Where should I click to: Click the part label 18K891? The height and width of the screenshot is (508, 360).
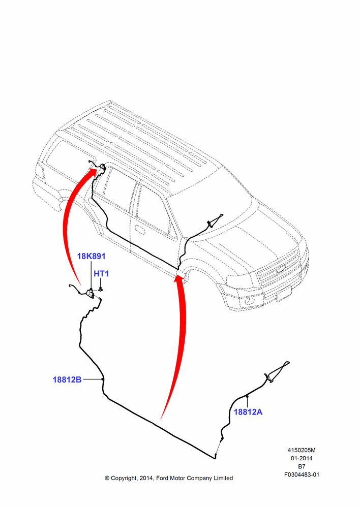coord(91,256)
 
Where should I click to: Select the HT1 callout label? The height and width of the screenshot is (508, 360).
coord(101,274)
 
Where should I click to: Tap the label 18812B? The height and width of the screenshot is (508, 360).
coord(67,379)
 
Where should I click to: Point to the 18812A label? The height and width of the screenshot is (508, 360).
coord(248,412)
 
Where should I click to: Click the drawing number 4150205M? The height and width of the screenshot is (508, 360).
coord(302,450)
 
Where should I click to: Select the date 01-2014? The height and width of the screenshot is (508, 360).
coord(302,458)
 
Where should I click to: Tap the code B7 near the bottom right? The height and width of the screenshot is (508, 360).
coord(302,466)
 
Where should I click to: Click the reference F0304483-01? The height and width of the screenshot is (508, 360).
coord(302,474)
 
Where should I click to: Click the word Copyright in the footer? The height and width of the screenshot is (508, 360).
coord(124,478)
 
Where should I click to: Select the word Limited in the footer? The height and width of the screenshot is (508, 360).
coord(223,478)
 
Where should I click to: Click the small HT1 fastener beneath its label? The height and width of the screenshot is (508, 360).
coord(101,289)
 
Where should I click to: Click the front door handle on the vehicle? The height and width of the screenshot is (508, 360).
coord(139,230)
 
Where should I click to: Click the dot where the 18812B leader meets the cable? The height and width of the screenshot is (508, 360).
coord(103,379)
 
